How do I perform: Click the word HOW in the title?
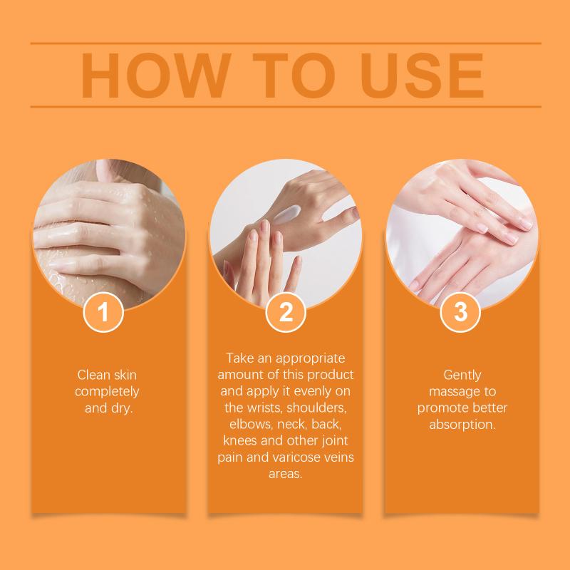(x=156, y=76)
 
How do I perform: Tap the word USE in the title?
(x=421, y=76)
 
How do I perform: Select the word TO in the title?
(x=294, y=76)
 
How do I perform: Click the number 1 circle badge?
(x=103, y=312)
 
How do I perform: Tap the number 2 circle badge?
(x=286, y=312)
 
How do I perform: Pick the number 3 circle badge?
(x=460, y=312)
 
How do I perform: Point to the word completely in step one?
(x=107, y=392)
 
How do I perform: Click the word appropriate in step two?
(x=310, y=359)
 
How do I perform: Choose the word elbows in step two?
(x=250, y=424)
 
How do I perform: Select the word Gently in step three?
(x=462, y=375)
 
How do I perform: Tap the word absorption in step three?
(x=462, y=425)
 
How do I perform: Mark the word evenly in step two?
(x=312, y=391)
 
